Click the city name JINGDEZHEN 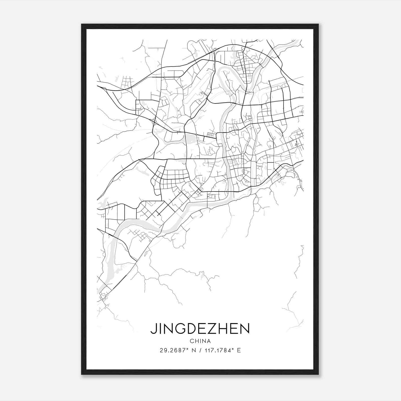(x=200, y=329)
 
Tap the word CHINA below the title (x=200, y=341)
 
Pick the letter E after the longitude (x=239, y=350)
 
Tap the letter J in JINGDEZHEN (x=153, y=329)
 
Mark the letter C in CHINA (x=192, y=341)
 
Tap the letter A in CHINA (x=209, y=341)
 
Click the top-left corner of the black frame (x=82, y=24)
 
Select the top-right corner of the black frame (x=318, y=24)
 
